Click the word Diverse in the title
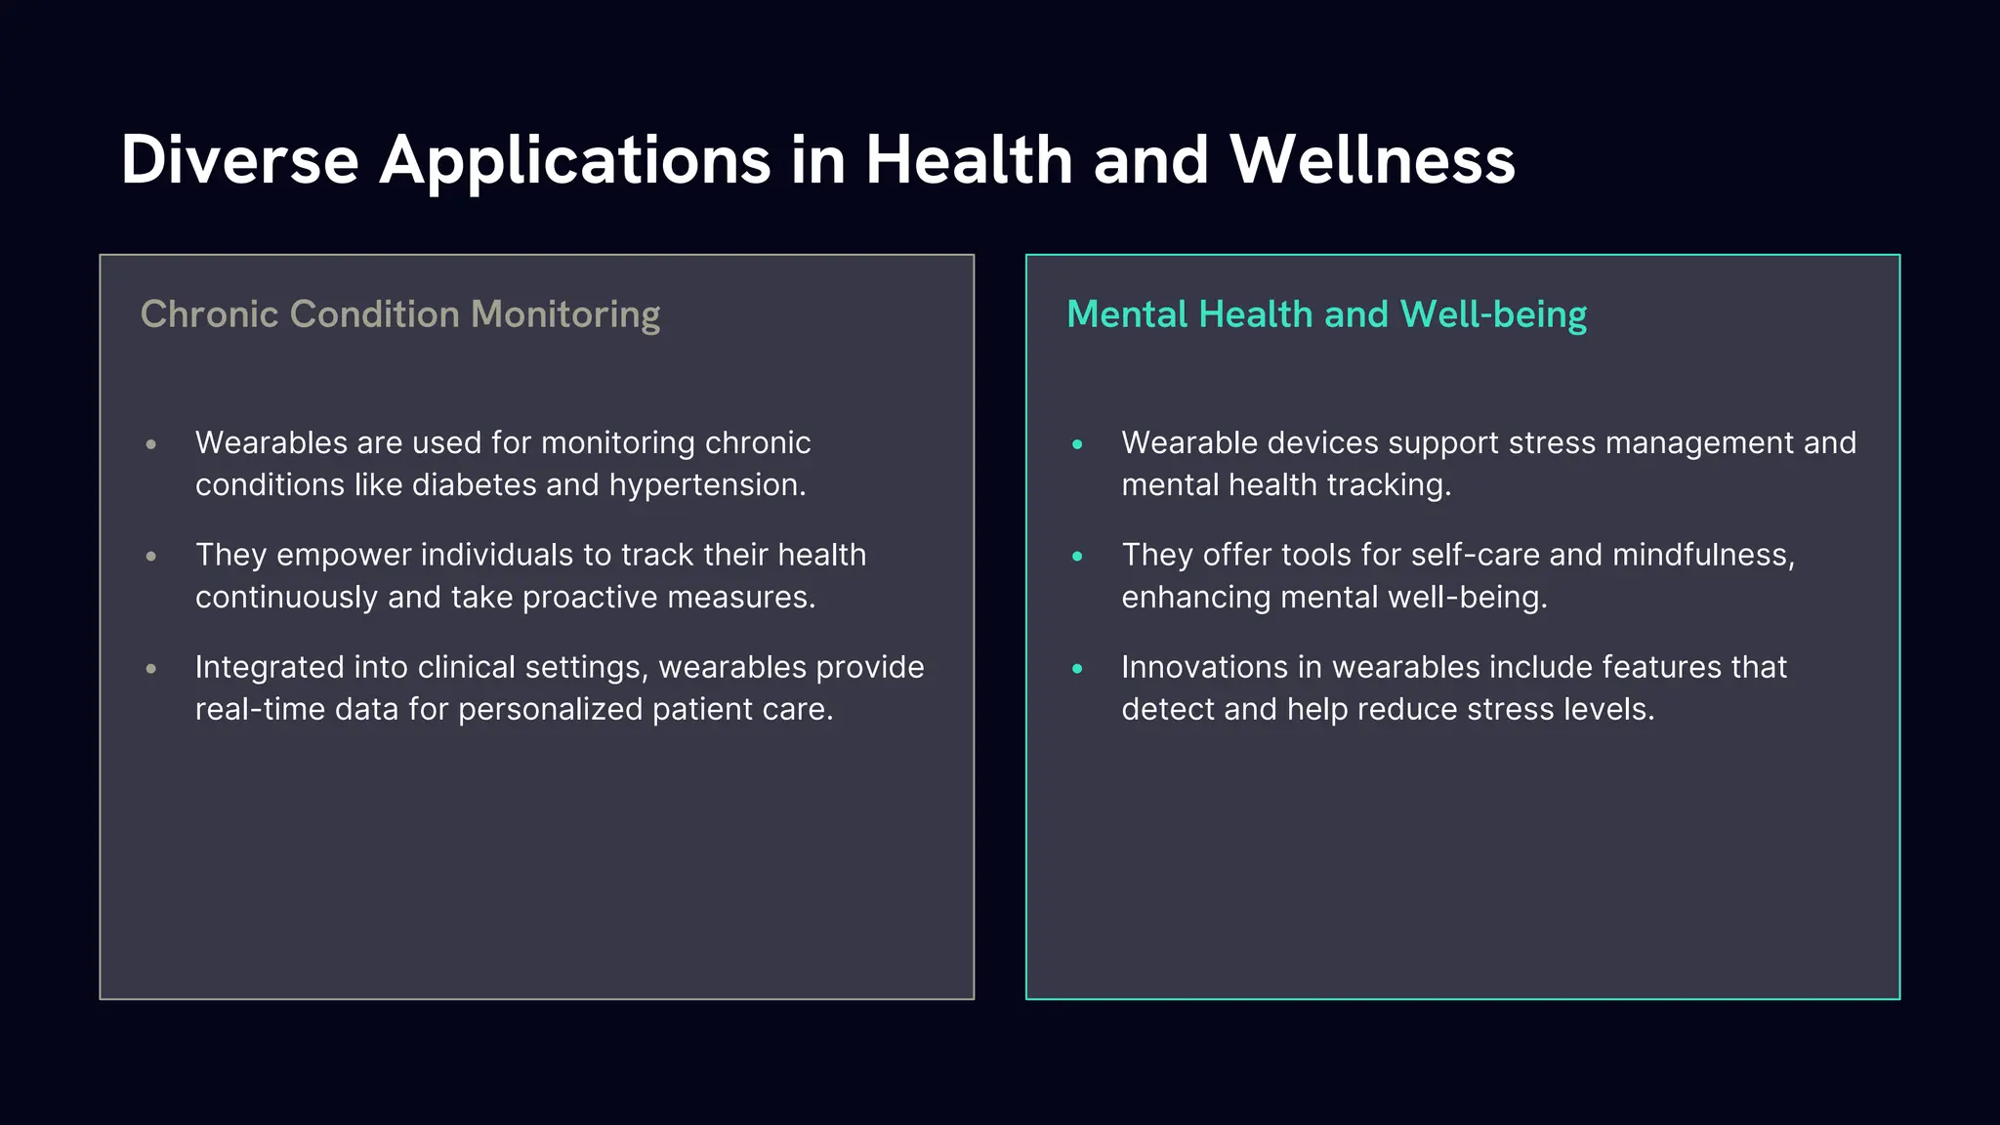239,159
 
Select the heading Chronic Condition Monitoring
400,314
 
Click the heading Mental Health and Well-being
1326,314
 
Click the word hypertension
707,485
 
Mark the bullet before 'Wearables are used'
151,444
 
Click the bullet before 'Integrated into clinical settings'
151,669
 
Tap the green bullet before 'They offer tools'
1077,557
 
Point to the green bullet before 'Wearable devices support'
1077,444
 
